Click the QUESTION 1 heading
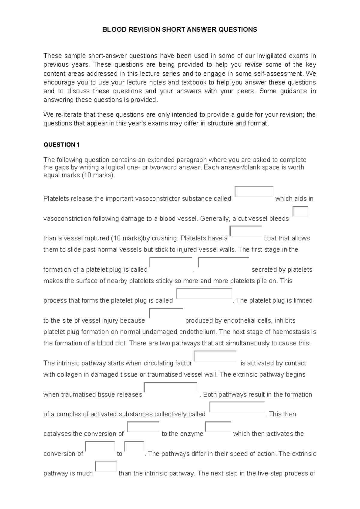point(61,145)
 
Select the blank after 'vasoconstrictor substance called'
point(254,191)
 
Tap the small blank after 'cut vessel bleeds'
point(300,211)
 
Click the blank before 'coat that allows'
point(246,231)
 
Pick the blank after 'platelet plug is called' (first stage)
point(171,263)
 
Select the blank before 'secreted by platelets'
point(223,263)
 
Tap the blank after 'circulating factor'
point(215,356)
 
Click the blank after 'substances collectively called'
point(237,407)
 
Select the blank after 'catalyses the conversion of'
point(143,427)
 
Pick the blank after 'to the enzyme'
point(218,427)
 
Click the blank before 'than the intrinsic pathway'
point(106,466)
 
